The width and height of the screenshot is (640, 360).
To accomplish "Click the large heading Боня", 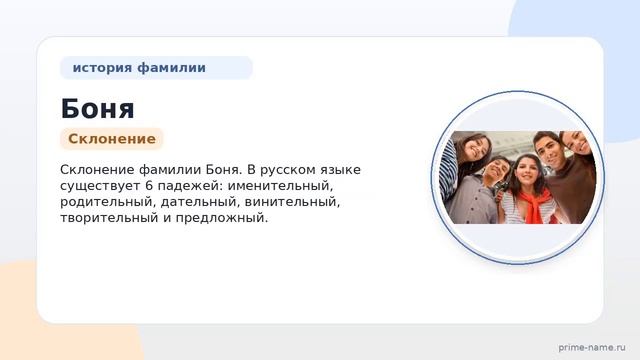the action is [97, 109].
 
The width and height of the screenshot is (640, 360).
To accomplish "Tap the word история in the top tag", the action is [102, 67].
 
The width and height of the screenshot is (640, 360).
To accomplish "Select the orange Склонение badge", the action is [112, 139].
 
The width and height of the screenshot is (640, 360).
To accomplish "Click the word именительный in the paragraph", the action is [280, 186].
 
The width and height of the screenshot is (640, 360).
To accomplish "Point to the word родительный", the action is [107, 202].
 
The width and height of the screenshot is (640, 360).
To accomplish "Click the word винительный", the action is [292, 202].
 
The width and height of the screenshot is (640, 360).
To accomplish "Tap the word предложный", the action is [222, 218].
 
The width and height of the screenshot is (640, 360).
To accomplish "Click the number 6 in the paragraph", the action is [149, 186].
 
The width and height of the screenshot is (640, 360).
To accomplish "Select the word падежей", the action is [190, 186].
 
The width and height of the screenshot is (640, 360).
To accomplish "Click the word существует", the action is [100, 186].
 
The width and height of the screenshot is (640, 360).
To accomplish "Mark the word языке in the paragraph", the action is [339, 170].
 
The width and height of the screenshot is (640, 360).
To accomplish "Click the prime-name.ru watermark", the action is [592, 347].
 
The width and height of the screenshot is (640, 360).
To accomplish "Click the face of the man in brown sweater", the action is [549, 149].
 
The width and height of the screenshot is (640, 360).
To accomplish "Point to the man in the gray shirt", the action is [481, 192].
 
